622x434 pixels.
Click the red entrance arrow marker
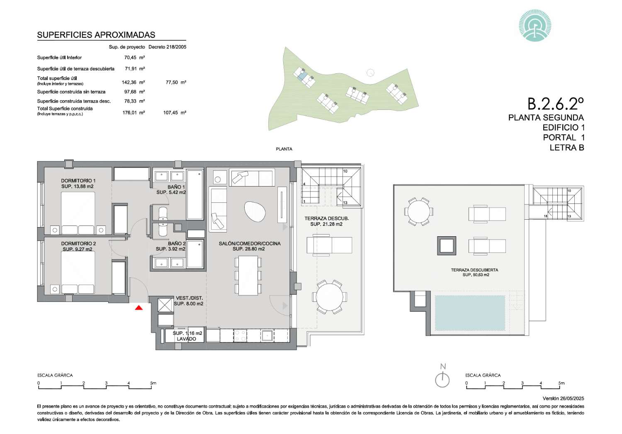[x=139, y=308]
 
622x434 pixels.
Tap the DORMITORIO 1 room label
[x=78, y=181]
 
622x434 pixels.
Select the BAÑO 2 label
[x=177, y=244]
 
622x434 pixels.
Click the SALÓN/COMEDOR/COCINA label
[x=250, y=244]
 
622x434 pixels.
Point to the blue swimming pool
[x=470, y=313]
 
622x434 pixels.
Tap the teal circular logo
[x=535, y=26]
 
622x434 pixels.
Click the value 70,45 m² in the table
[x=134, y=58]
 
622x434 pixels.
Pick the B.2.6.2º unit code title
[x=555, y=104]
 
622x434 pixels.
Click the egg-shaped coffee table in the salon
[x=255, y=211]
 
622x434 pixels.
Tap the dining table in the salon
[x=248, y=275]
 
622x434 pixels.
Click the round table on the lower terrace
[x=329, y=297]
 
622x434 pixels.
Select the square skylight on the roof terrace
[x=447, y=245]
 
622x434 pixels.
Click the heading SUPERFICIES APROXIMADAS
[x=96, y=35]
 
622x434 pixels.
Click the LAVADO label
[x=186, y=339]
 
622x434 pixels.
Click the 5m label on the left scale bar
[x=153, y=383]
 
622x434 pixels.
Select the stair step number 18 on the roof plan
[x=546, y=216]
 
